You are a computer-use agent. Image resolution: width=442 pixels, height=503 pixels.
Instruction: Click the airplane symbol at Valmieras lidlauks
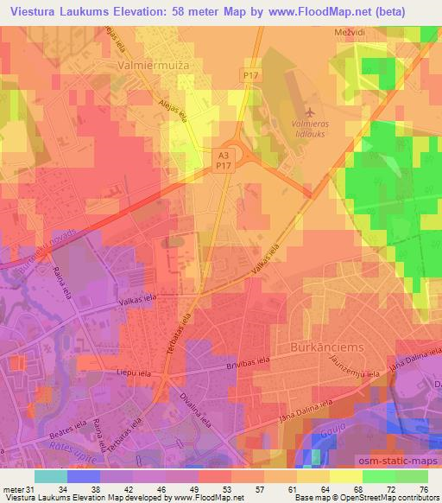[x=310, y=111]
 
